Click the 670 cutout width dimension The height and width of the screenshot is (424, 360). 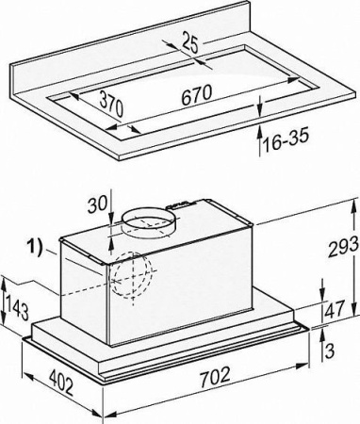coord(197,95)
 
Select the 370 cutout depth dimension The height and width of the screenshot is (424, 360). coord(111,105)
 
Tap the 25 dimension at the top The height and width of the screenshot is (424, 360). coord(190,43)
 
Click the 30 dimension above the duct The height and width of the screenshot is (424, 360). coord(97,205)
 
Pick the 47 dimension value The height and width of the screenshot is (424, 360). coord(335,309)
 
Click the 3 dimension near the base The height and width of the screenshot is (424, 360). coord(329,351)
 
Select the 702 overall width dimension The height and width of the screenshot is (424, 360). coord(215,376)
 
